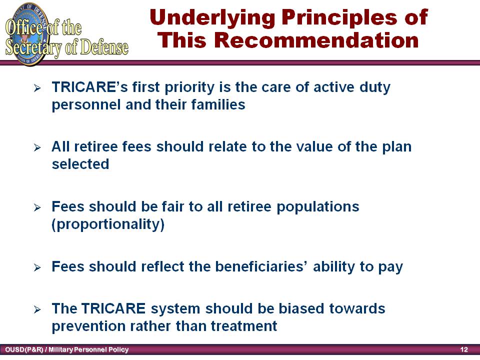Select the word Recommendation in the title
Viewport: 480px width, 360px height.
point(316,40)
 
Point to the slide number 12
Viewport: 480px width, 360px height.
point(464,349)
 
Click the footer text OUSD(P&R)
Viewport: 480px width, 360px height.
point(24,349)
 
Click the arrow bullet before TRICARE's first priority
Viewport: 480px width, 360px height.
point(37,88)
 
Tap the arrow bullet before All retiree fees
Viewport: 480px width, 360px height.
point(37,148)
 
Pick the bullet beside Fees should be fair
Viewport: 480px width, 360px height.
point(37,208)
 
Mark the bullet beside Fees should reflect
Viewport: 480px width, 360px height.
point(37,268)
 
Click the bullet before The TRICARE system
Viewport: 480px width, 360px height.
point(37,310)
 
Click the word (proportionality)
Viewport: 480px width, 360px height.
point(108,224)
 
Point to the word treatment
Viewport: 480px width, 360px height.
point(244,325)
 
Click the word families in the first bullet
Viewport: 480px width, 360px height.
point(218,104)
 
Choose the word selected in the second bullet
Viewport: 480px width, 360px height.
point(80,164)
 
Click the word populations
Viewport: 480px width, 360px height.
point(318,207)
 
